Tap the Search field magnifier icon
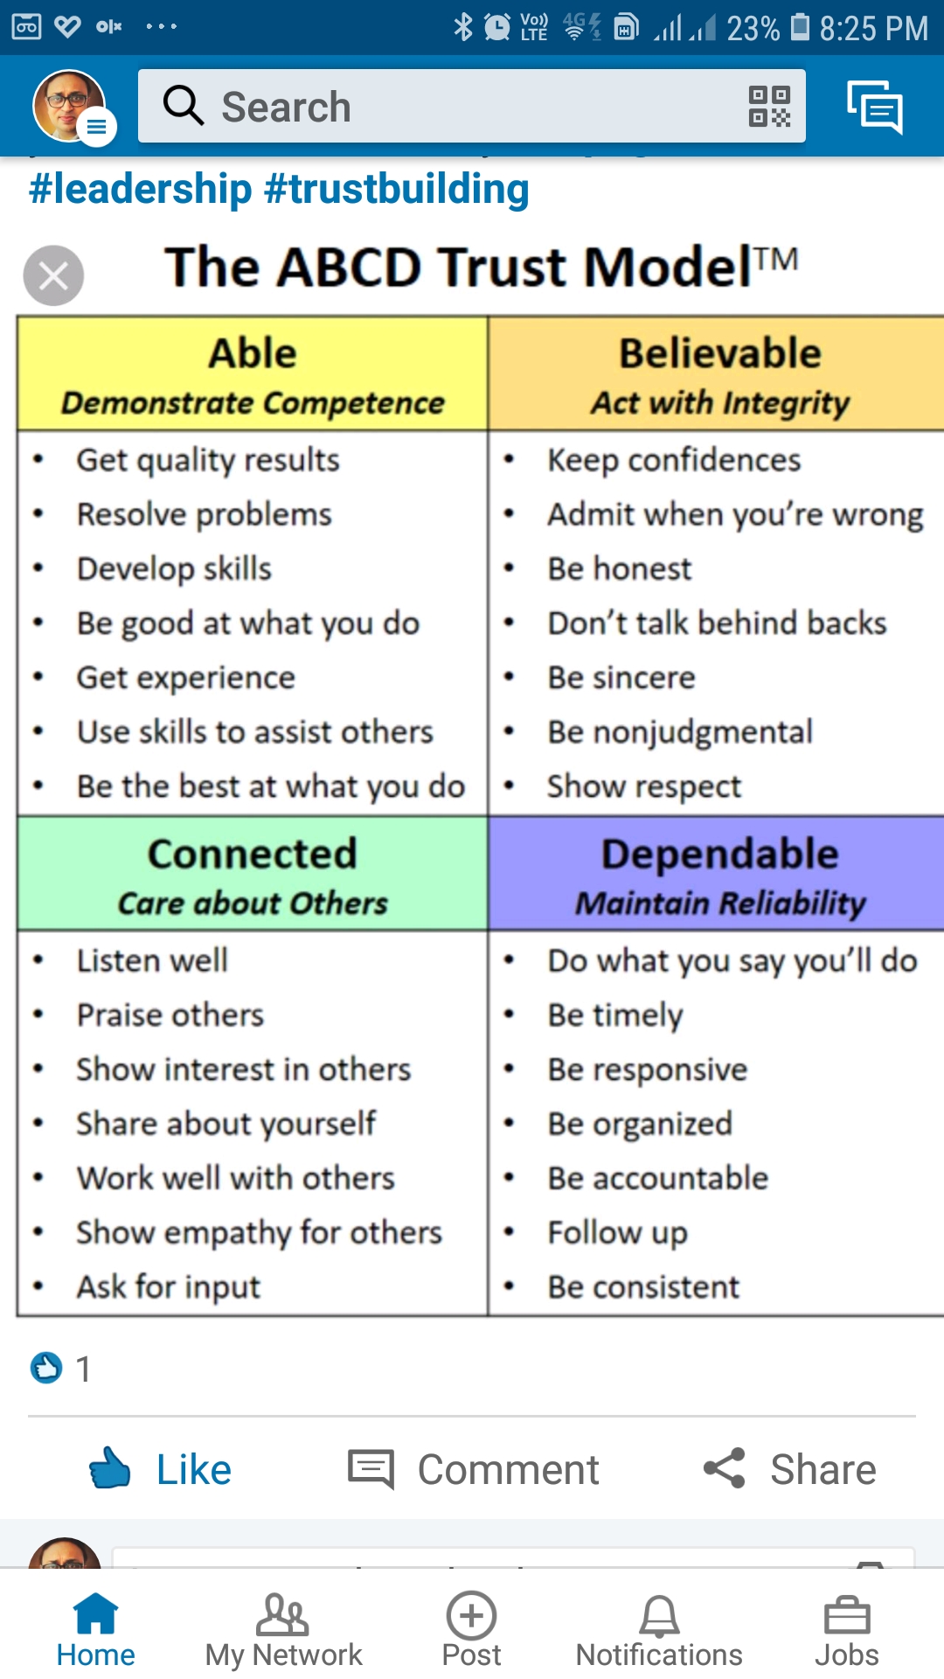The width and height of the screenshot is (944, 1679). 184,106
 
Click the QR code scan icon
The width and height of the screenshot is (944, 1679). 769,106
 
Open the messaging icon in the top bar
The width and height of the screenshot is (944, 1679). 874,107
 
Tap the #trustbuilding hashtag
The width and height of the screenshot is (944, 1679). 396,189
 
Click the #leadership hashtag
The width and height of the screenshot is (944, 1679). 141,189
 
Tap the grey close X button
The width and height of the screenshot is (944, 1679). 53,275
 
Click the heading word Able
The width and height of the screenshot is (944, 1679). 253,353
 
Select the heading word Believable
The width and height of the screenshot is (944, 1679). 720,353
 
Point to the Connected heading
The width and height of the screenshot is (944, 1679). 253,853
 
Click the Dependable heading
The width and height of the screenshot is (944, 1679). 720,853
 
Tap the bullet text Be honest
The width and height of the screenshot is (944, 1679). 620,568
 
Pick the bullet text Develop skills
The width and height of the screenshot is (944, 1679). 175,568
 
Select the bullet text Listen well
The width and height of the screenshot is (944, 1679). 153,960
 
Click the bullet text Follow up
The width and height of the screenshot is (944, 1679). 618,1233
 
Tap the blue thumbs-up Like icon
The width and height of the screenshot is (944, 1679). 110,1468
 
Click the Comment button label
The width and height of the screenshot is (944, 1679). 509,1469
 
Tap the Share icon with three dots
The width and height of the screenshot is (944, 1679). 725,1468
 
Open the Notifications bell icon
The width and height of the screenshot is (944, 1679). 659,1615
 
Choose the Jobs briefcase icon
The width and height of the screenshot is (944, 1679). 847,1615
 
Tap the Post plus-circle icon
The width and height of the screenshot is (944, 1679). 471,1615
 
